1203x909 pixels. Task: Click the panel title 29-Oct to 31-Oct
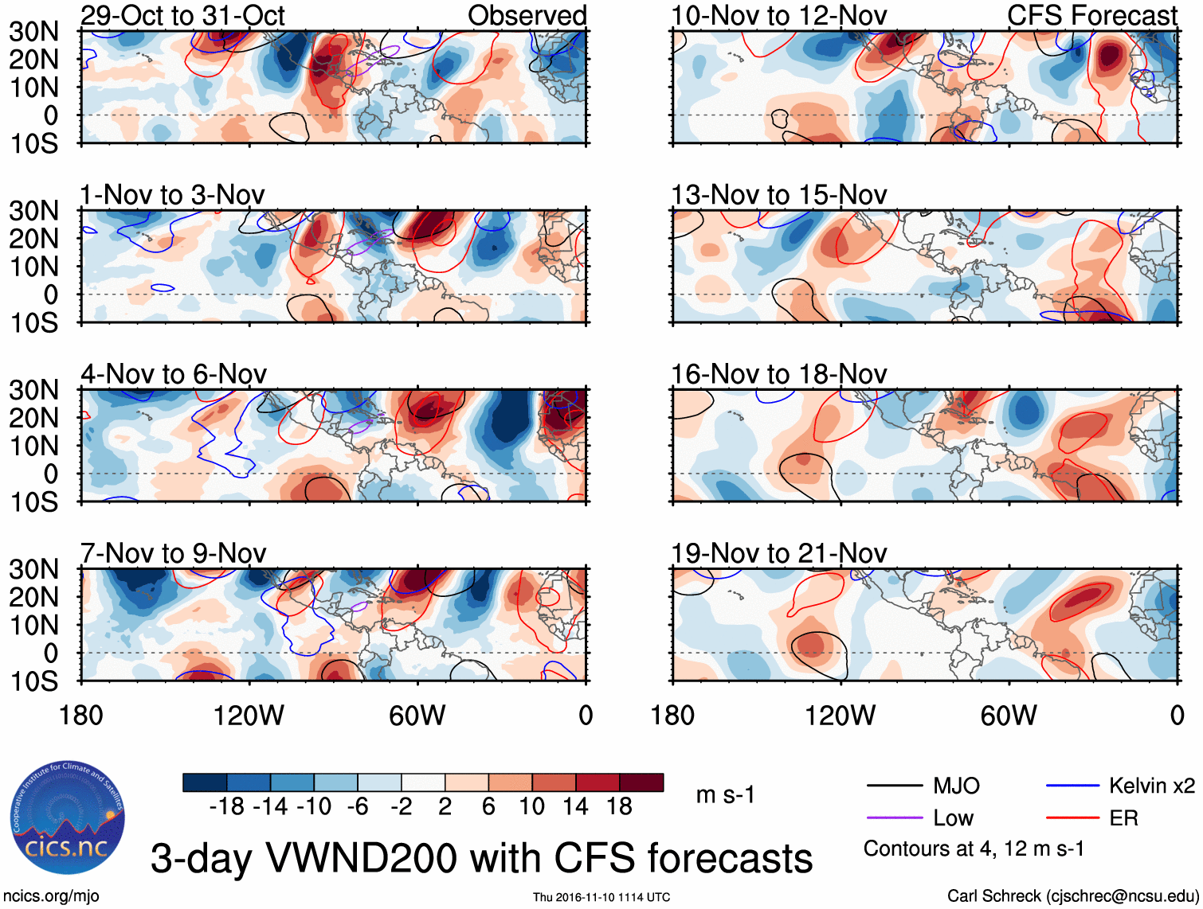(182, 16)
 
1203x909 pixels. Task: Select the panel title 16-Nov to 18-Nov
(778, 374)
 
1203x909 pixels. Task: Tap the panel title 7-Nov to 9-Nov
(173, 553)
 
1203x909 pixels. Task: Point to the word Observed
(527, 16)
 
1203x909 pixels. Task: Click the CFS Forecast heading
(1091, 16)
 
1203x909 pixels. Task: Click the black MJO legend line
(894, 786)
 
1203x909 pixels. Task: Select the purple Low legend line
(894, 818)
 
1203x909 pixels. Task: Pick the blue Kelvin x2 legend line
(1072, 786)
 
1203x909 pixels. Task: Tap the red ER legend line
(1072, 818)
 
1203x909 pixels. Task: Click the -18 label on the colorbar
(226, 807)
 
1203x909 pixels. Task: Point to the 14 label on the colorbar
(574, 807)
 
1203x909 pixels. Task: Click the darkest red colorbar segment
(641, 782)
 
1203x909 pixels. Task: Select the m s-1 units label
(725, 794)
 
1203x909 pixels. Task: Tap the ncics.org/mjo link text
(51, 896)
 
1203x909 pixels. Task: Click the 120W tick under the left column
(249, 716)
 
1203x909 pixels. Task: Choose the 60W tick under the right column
(1009, 716)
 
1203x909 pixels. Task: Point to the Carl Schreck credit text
(1072, 896)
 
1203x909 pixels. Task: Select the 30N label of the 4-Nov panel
(33, 390)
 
